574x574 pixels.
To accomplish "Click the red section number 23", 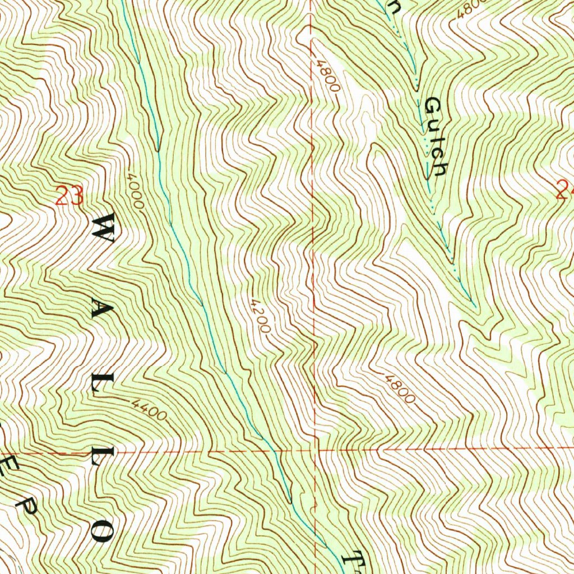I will click(x=70, y=196).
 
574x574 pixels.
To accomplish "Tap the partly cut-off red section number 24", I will click(x=565, y=192).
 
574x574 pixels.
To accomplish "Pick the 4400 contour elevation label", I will click(x=150, y=411).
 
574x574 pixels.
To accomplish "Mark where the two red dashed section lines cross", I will click(x=315, y=450).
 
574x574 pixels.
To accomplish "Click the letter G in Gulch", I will click(x=433, y=105).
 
